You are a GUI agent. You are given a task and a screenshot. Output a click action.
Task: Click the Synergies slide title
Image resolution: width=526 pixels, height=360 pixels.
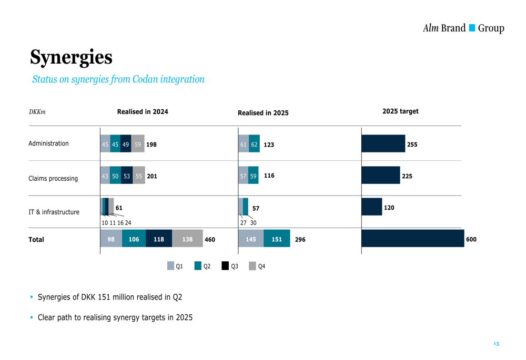pyautogui.click(x=71, y=57)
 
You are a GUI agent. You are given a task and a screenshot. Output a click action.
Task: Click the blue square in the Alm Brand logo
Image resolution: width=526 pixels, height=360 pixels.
pyautogui.click(x=472, y=28)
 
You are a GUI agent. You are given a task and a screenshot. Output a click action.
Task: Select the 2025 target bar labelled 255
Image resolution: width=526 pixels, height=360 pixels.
pyautogui.click(x=383, y=143)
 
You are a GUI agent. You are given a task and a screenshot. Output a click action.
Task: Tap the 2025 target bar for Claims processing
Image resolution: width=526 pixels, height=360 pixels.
pyautogui.click(x=380, y=176)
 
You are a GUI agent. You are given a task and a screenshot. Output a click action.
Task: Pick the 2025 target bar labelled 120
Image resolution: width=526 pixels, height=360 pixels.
pyautogui.click(x=371, y=207)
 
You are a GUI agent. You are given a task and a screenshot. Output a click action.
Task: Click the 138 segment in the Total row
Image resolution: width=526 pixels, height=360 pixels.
pyautogui.click(x=187, y=239)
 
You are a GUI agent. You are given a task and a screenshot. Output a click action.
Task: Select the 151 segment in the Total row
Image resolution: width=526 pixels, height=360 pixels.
pyautogui.click(x=277, y=239)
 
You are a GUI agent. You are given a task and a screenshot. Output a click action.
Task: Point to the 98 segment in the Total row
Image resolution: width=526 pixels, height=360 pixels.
pyautogui.click(x=111, y=239)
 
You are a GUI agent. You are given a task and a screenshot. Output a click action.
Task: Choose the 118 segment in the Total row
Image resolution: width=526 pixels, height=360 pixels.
pyautogui.click(x=159, y=239)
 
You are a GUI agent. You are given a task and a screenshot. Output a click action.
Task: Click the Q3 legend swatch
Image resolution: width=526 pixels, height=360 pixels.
pyautogui.click(x=225, y=266)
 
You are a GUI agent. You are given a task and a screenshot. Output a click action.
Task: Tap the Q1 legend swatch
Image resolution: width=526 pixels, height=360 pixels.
pyautogui.click(x=171, y=266)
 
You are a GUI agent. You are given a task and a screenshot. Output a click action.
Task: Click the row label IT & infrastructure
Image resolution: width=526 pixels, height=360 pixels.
pyautogui.click(x=54, y=212)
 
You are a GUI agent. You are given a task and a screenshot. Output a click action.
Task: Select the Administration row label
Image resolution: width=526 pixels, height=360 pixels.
pyautogui.click(x=48, y=143)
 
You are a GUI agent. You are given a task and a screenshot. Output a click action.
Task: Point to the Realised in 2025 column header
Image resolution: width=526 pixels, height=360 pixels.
pyautogui.click(x=263, y=112)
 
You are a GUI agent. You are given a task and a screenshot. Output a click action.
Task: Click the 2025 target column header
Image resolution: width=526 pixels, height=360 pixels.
pyautogui.click(x=400, y=111)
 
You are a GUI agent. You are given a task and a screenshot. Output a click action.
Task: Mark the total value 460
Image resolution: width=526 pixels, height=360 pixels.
pyautogui.click(x=210, y=240)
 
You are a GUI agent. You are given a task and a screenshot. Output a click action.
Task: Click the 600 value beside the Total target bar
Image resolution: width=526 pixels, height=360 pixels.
pyautogui.click(x=471, y=240)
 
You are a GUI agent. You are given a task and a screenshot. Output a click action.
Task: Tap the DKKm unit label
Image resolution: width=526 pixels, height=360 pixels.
pyautogui.click(x=37, y=112)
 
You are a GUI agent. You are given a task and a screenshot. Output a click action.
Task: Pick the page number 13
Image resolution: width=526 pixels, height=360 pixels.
pyautogui.click(x=496, y=344)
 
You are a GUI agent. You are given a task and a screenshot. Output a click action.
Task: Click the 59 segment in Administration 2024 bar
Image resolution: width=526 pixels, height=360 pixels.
pyautogui.click(x=138, y=144)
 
